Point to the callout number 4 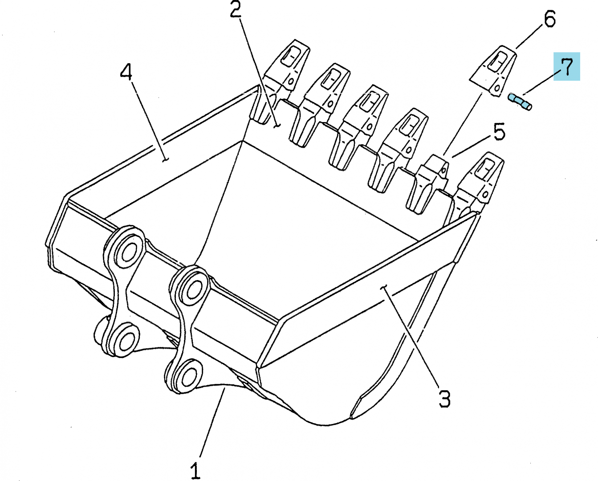tap(126, 72)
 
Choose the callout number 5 tap(499, 131)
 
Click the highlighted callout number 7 tap(566, 67)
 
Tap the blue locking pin tap(519, 102)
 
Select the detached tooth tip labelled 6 tap(493, 71)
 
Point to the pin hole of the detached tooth tap(498, 89)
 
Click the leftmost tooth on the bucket tap(281, 81)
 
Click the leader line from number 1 tap(212, 423)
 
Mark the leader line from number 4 tap(149, 121)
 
